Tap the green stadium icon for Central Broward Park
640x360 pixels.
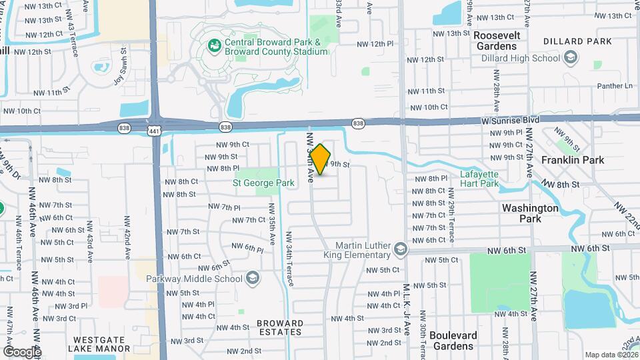pyautogui.click(x=215, y=46)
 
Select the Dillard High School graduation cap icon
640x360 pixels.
pyautogui.click(x=570, y=58)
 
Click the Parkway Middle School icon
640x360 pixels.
pyautogui.click(x=252, y=277)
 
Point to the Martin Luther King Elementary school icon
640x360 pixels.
pyautogui.click(x=400, y=250)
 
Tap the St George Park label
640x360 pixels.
pyautogui.click(x=263, y=182)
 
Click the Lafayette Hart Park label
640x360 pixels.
pyautogui.click(x=479, y=179)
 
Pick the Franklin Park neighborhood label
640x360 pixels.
pyautogui.click(x=573, y=160)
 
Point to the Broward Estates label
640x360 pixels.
pyautogui.click(x=280, y=329)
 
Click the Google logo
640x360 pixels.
pyautogui.click(x=21, y=351)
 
